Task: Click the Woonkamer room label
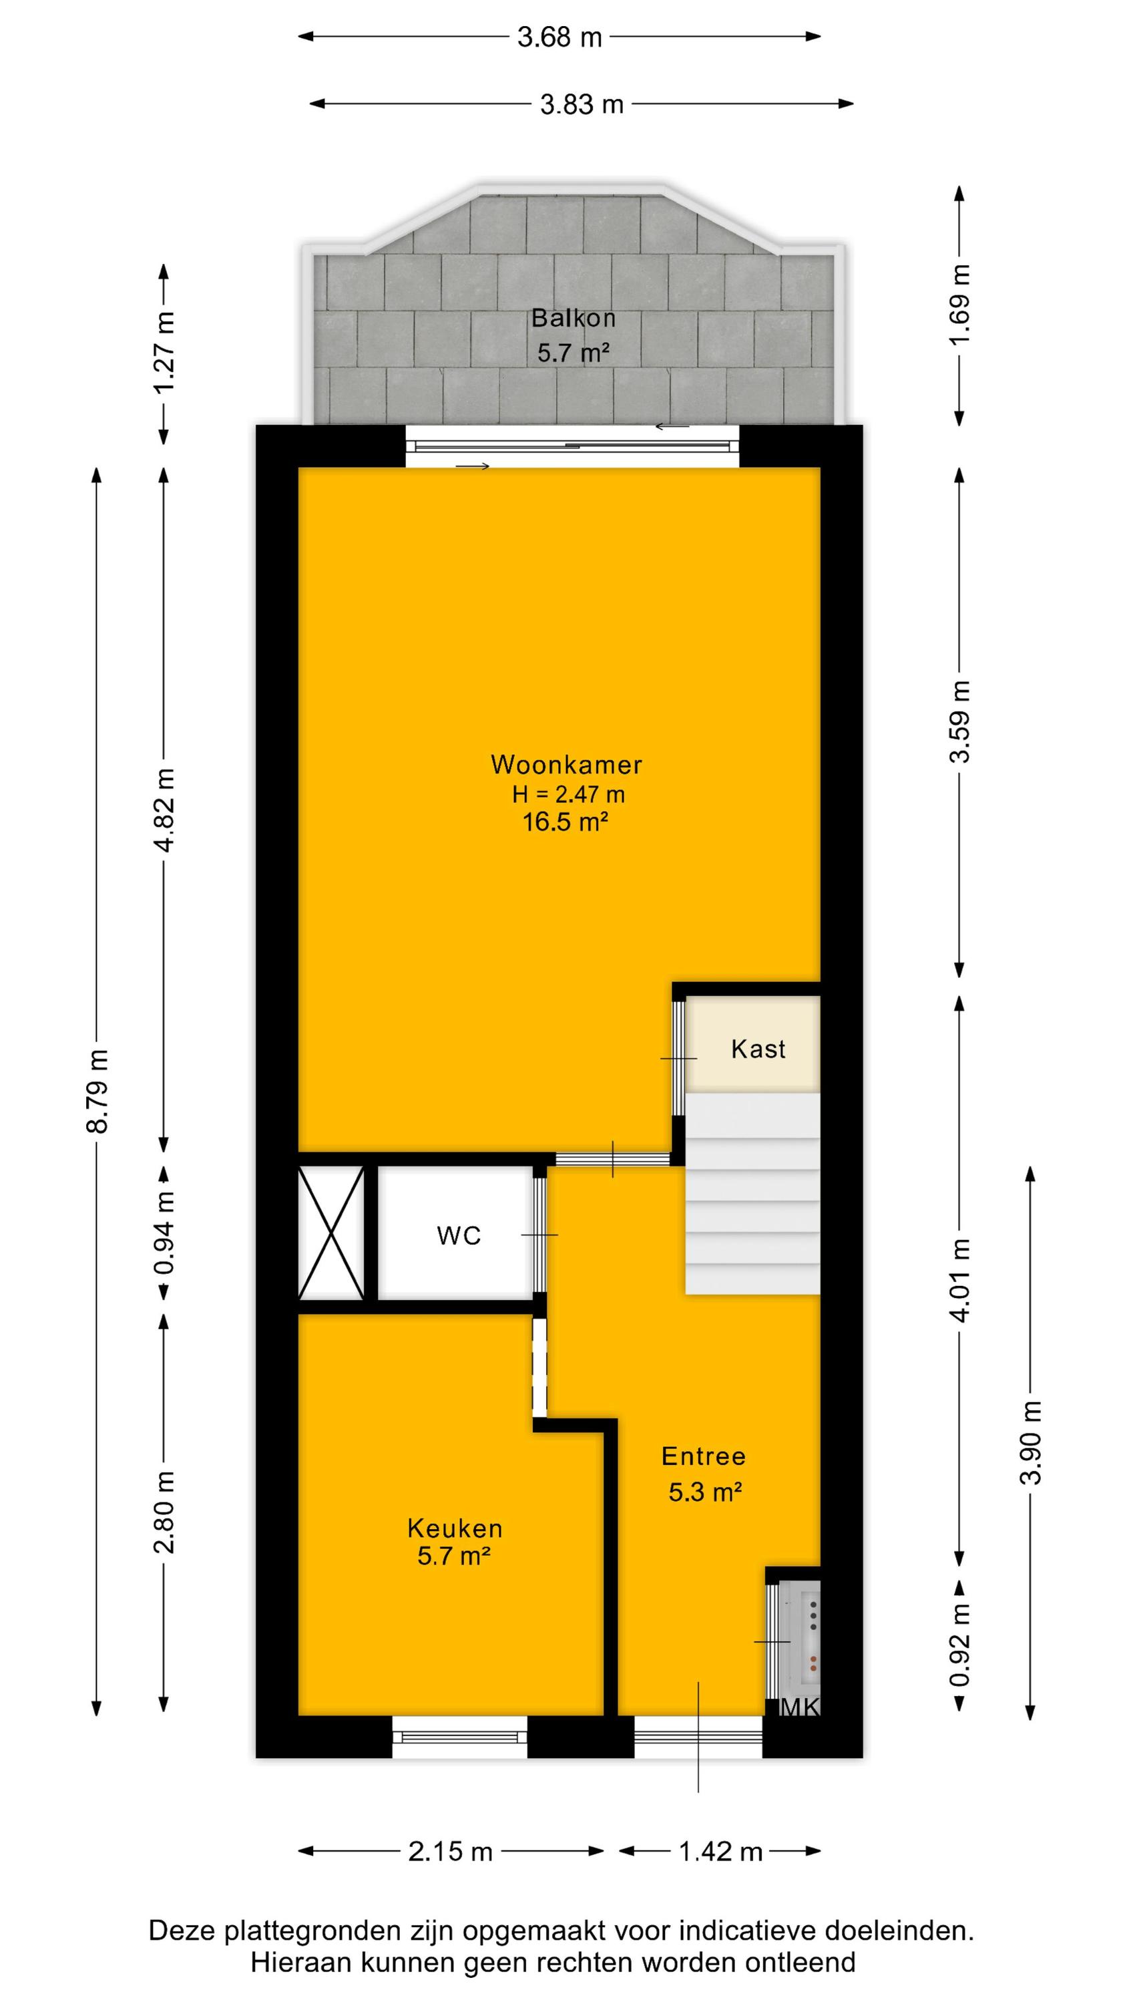pos(566,765)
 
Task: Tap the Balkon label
pos(574,317)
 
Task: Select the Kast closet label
pos(758,1049)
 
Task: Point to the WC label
pos(459,1236)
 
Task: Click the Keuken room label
pos(455,1530)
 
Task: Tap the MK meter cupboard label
pos(800,1707)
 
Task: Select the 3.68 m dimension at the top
pos(560,37)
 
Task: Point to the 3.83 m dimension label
pos(582,104)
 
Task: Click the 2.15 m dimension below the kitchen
pos(451,1852)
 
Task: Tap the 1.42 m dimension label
pos(720,1852)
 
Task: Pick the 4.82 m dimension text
pos(165,810)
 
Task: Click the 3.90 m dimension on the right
pos(1032,1442)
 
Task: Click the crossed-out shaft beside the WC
pos(332,1234)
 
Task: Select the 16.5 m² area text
pos(565,822)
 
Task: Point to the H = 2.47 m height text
pos(569,794)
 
